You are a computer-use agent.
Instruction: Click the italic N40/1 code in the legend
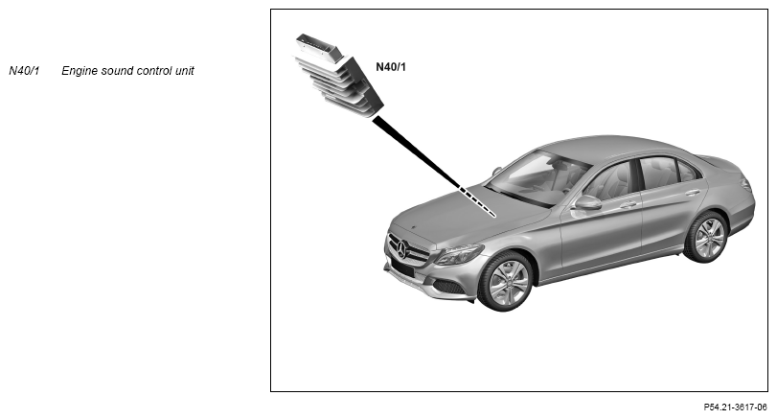coord(24,70)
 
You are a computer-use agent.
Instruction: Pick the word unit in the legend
coord(184,70)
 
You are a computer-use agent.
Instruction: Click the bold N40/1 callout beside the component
coord(391,67)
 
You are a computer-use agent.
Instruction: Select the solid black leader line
coord(416,151)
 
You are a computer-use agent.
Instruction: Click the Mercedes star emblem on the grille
coord(401,249)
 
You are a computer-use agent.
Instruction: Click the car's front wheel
coord(506,281)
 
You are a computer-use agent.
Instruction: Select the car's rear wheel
coord(707,237)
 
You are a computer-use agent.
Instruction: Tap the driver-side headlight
coord(459,254)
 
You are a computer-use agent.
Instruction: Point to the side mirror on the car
coord(586,202)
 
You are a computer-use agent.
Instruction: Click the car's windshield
coord(537,177)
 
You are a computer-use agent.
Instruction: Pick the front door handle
coord(628,204)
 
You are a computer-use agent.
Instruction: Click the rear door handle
coord(694,193)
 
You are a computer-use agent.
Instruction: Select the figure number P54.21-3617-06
coord(735,407)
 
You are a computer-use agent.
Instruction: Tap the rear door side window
coord(658,172)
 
